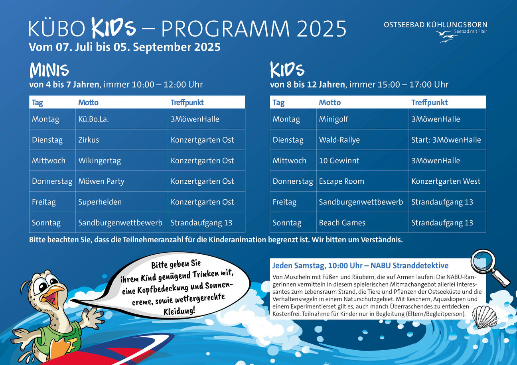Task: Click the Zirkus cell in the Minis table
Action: click(x=122, y=139)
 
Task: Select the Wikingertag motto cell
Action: click(x=122, y=160)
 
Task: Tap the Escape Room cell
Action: click(x=362, y=181)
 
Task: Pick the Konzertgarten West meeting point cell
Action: click(x=447, y=181)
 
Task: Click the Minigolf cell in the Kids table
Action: click(x=362, y=119)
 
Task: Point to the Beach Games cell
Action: click(x=362, y=222)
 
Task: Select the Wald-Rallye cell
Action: click(x=362, y=139)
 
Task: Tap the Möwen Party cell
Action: click(x=122, y=181)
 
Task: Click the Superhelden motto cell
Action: click(x=122, y=202)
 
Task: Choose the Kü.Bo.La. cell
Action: click(x=122, y=119)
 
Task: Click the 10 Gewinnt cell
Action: click(x=362, y=160)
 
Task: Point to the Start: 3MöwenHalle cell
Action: click(x=447, y=139)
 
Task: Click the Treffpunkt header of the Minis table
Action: click(x=187, y=102)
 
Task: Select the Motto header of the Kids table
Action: click(x=330, y=102)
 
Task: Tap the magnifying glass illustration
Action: click(x=489, y=267)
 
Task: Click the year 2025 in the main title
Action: click(x=321, y=29)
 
